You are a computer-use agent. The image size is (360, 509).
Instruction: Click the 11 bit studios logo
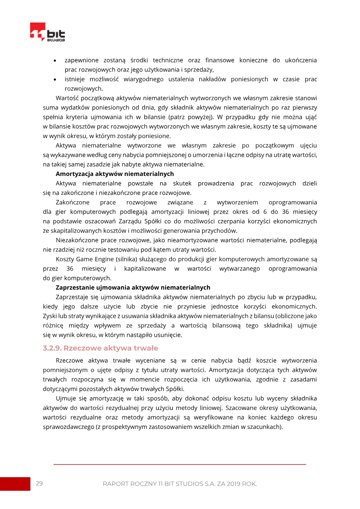pos(47,32)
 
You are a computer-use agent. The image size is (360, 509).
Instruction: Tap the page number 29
pos(39,483)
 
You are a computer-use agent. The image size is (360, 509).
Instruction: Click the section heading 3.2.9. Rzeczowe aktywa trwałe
pos(100,348)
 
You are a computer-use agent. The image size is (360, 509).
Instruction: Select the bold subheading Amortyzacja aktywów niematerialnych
pos(115,174)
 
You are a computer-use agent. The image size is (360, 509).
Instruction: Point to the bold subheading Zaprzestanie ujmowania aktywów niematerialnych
pos(133,287)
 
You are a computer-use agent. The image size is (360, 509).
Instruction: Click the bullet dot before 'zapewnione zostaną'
pos(55,61)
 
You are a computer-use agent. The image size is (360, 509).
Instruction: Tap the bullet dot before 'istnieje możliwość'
pos(55,80)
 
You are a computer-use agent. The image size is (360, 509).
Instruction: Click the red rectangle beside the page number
pos(15,483)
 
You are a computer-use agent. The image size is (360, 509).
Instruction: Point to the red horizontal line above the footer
pos(180,464)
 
